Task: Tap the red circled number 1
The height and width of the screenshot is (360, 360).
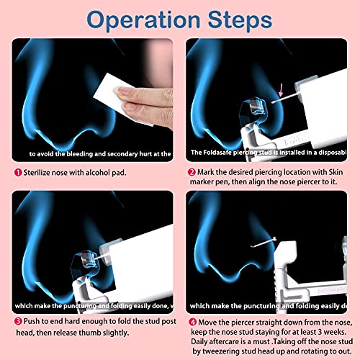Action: tap(17, 174)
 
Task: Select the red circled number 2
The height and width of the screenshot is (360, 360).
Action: tap(191, 174)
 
